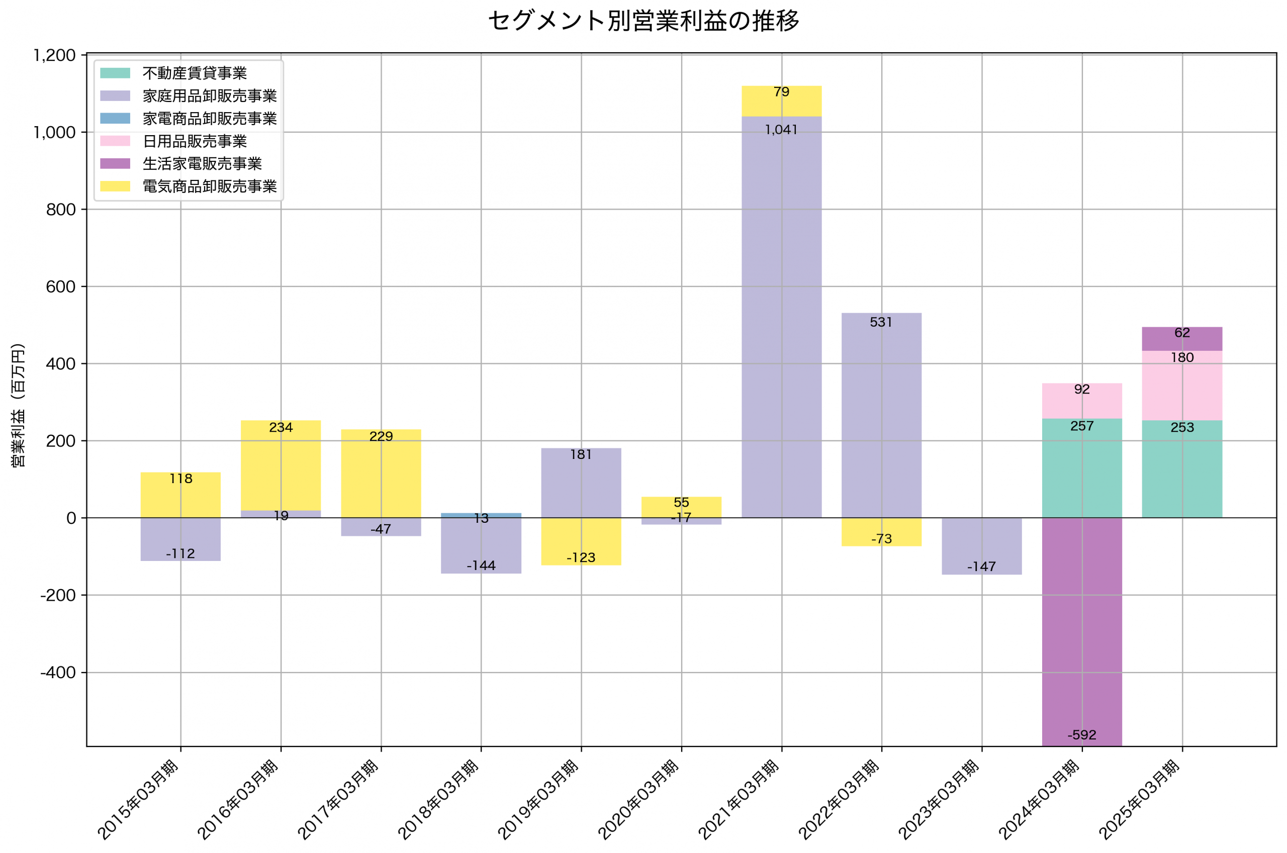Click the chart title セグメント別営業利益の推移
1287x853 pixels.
click(x=643, y=21)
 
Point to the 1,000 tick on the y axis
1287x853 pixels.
click(x=54, y=132)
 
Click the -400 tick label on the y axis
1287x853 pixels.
click(x=58, y=673)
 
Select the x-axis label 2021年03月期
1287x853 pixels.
click(x=740, y=800)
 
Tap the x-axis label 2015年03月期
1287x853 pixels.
click(x=139, y=800)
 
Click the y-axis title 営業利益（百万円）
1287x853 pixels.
click(x=18, y=405)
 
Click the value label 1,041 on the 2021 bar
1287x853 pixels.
click(x=781, y=130)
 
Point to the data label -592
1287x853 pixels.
click(x=1081, y=735)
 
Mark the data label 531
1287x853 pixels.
click(x=881, y=322)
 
